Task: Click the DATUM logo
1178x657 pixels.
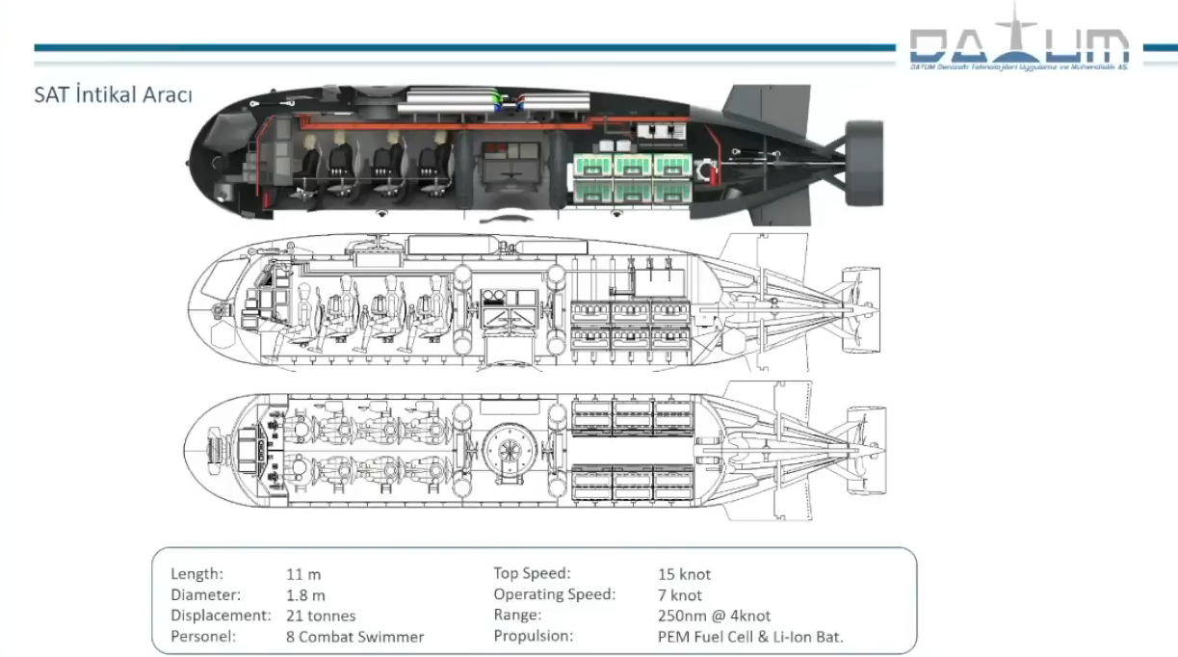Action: (x=1019, y=45)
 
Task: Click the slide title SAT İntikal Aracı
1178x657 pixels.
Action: (x=113, y=95)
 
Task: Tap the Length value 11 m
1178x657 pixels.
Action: (x=303, y=574)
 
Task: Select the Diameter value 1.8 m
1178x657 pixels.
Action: (x=305, y=595)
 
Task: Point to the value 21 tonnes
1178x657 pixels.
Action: (x=321, y=616)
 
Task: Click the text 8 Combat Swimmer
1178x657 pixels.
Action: (x=354, y=637)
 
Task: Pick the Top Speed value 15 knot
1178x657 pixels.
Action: (x=684, y=574)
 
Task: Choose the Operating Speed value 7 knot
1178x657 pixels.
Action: (x=680, y=595)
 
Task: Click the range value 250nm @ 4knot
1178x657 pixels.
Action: (x=714, y=616)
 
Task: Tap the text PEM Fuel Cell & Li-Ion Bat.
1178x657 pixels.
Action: (x=750, y=637)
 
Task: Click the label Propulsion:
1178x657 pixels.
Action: (x=533, y=636)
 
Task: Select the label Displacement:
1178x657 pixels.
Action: (x=221, y=616)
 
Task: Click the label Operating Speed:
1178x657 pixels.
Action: (x=554, y=594)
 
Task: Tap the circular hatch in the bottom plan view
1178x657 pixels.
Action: (x=509, y=448)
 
